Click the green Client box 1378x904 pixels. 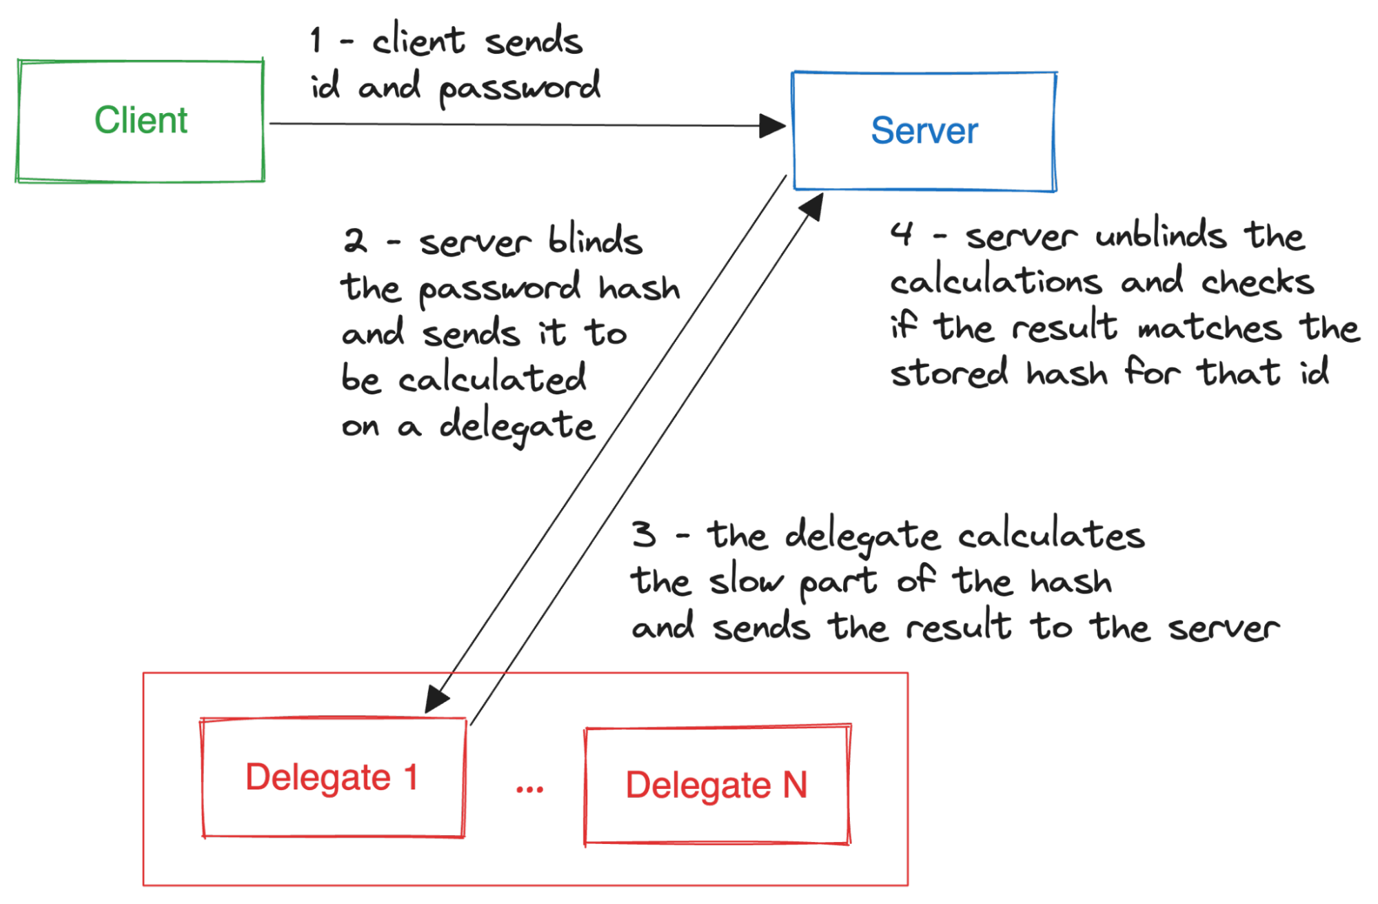(x=141, y=121)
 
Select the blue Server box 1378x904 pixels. (x=924, y=131)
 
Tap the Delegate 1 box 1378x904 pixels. (x=333, y=778)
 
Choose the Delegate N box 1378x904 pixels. (x=717, y=785)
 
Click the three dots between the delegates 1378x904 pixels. (x=529, y=790)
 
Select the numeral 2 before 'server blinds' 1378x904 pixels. (x=356, y=241)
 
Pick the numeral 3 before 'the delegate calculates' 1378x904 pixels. (x=645, y=534)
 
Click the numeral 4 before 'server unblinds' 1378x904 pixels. (x=902, y=234)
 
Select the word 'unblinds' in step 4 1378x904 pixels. (x=1161, y=235)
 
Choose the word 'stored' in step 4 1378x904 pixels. (x=949, y=373)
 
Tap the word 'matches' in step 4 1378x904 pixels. (x=1210, y=327)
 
